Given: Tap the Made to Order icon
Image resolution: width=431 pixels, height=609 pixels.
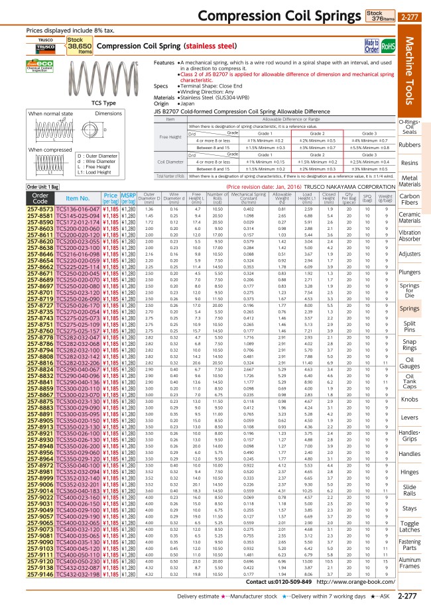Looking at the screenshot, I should [371, 45].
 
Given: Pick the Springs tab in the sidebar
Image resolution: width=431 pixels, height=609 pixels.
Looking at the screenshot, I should [410, 308].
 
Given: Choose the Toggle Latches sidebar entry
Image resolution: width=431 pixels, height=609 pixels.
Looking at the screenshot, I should [410, 508].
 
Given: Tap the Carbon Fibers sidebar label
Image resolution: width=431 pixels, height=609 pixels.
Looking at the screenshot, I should [410, 199].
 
